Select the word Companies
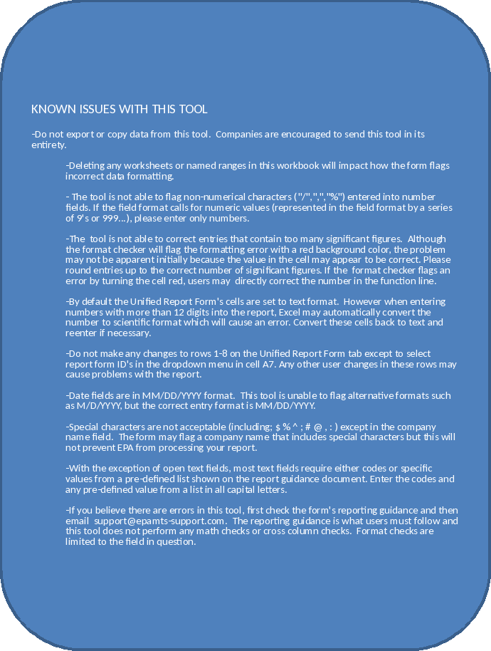[246, 135]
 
